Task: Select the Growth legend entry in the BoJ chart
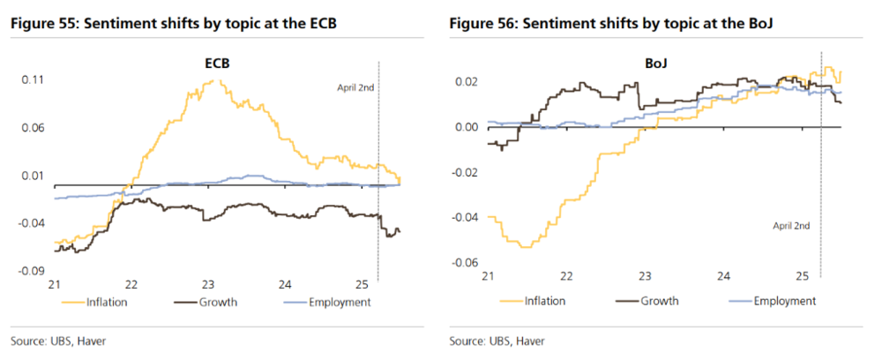coord(658,301)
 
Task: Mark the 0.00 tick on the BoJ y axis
coord(465,127)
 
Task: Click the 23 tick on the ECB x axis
coord(208,284)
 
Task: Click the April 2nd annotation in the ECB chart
coord(355,87)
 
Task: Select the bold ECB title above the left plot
coord(209,64)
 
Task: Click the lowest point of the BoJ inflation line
coord(527,246)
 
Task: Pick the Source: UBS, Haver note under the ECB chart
coord(53,341)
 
